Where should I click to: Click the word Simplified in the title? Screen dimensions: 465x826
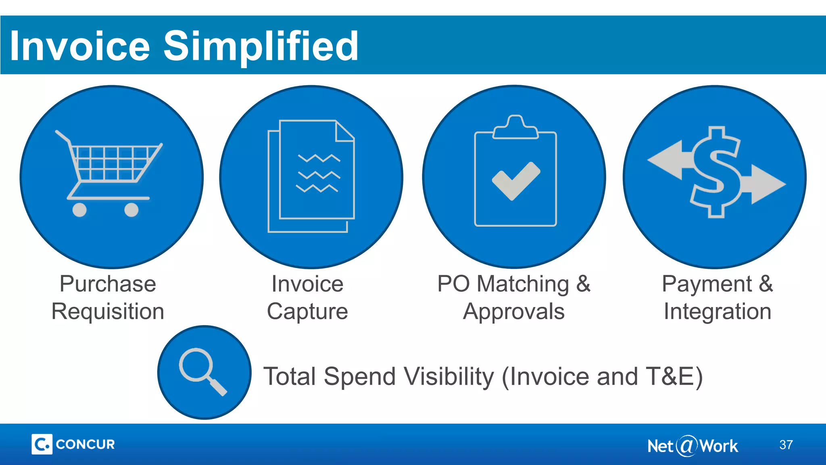pos(261,46)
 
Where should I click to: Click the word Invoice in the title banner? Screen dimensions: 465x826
pos(80,46)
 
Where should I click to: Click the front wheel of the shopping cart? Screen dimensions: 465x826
pos(131,210)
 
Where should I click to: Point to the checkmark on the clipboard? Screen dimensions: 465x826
pos(516,181)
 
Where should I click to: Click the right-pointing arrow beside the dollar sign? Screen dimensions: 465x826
pos(766,184)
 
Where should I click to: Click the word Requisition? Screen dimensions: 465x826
pos(108,312)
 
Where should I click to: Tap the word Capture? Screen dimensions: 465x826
pos(307,312)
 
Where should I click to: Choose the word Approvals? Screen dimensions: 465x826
pos(514,312)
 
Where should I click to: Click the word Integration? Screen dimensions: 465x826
pos(718,312)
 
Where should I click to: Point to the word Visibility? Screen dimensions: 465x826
pos(448,377)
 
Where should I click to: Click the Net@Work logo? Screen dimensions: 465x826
pos(693,446)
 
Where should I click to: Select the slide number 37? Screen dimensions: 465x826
pos(786,445)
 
